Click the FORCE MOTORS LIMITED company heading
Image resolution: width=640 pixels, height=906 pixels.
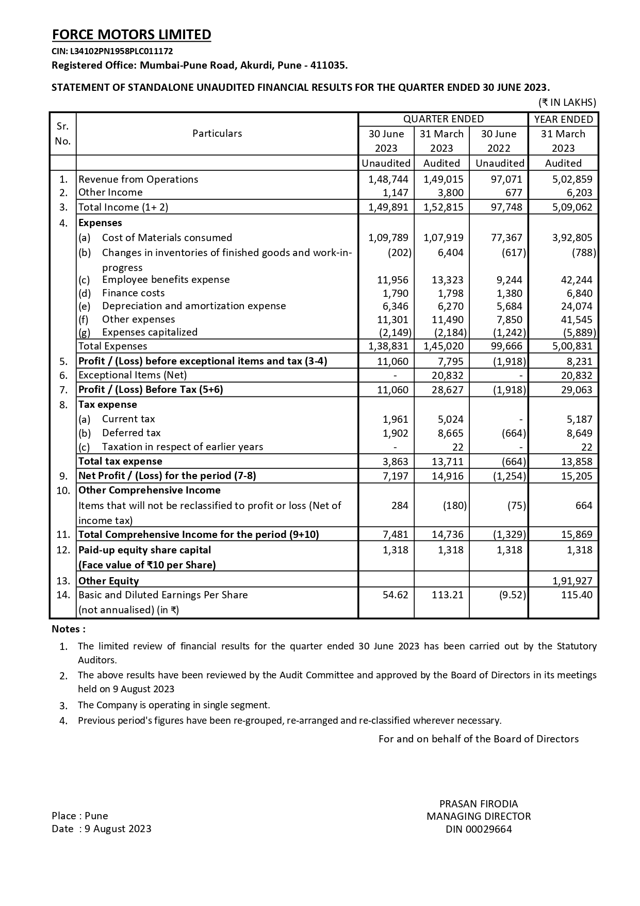(132, 35)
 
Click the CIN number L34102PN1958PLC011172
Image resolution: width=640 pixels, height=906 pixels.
(112, 51)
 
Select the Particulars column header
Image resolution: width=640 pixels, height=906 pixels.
(217, 133)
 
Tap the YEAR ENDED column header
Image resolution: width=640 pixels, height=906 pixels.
(563, 119)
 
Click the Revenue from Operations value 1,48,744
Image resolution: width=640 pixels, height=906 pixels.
(388, 179)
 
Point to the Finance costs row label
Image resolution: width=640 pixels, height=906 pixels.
(133, 293)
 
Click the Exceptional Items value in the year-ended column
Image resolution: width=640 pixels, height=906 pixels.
(577, 375)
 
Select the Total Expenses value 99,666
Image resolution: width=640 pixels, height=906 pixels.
(506, 346)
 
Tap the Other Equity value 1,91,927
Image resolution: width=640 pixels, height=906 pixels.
(572, 581)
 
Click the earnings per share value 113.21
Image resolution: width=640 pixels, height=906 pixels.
(447, 595)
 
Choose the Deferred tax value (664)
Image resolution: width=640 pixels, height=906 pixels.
(513, 433)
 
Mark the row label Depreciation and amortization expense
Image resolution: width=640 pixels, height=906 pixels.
(193, 306)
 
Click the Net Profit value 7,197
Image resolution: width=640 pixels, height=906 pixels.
(396, 476)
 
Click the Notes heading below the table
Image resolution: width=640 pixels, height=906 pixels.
(68, 629)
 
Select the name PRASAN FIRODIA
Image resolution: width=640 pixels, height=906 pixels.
(478, 804)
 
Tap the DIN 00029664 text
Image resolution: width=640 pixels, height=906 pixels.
(478, 830)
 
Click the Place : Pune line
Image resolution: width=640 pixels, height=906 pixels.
(80, 816)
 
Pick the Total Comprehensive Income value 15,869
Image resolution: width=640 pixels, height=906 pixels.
(577, 534)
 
